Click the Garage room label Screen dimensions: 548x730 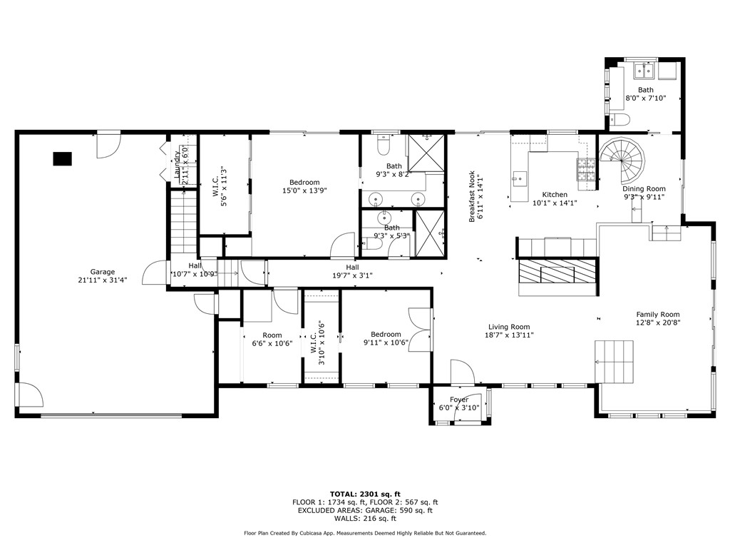point(102,272)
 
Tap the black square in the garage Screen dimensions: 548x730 point(62,158)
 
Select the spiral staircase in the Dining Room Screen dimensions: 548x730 point(622,161)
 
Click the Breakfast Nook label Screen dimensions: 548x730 point(471,197)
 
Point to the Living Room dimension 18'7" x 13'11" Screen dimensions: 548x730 point(509,335)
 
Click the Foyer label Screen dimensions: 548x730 point(459,400)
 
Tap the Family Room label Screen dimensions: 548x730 point(657,314)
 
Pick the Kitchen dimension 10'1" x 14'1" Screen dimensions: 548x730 point(555,203)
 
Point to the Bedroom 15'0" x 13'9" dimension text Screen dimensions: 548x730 point(304,191)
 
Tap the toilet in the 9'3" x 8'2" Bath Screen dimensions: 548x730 point(383,146)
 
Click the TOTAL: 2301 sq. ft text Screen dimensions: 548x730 point(365,494)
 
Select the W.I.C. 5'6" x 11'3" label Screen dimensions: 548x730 point(222,187)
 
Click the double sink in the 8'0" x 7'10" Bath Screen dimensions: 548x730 point(648,71)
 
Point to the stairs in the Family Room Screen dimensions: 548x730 point(614,361)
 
